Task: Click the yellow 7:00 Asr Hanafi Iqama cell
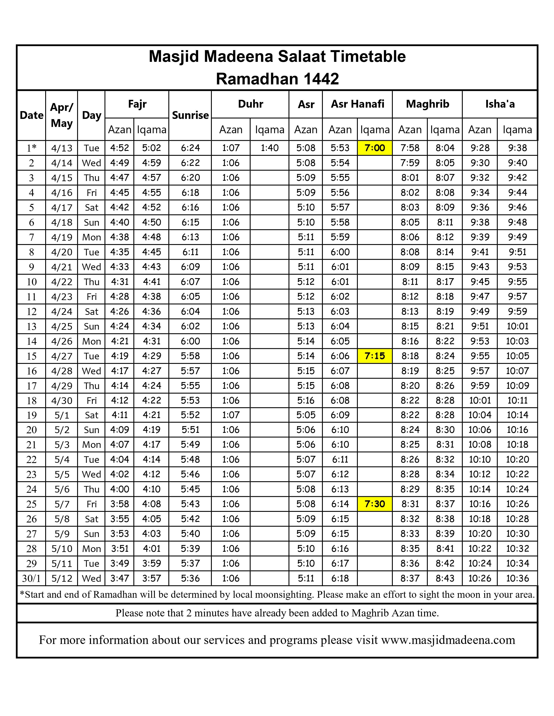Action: pos(375,148)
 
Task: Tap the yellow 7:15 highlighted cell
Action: pos(375,356)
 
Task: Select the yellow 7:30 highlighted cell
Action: pos(375,504)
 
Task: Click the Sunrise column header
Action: pos(190,115)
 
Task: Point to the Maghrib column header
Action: pos(427,104)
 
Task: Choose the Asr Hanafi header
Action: pos(357,104)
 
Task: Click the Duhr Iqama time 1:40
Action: pos(269,148)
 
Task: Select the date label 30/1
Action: pos(32,578)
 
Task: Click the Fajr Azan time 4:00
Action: pos(119,489)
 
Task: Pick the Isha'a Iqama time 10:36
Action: pos(517,578)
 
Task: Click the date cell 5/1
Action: pos(62,415)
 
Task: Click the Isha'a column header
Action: pos(500,104)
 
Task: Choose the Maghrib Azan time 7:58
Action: pos(410,148)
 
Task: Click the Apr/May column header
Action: pos(62,115)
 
